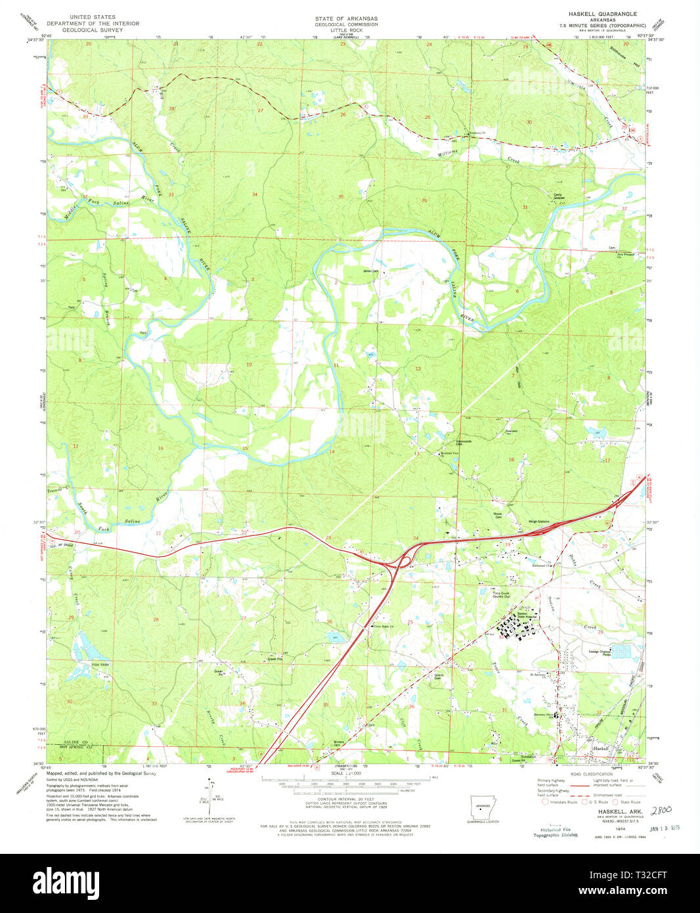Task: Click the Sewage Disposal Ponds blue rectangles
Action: click(621, 651)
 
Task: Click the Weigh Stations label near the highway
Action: click(539, 522)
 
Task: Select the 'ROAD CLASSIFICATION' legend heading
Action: click(588, 774)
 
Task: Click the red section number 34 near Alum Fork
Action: click(255, 194)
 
